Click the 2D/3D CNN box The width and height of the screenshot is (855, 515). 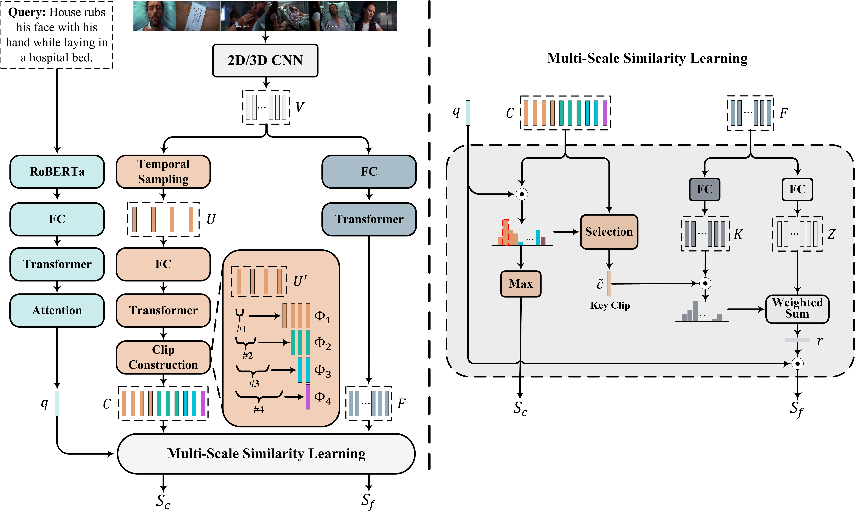coord(265,60)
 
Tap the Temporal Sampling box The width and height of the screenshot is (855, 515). coord(163,172)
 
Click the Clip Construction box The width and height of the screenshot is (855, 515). coord(163,357)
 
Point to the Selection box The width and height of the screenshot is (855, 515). coord(609,231)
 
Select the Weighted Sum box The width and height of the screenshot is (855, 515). coord(797,308)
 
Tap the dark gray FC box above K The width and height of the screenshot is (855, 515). coord(704,189)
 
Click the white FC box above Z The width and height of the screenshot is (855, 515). coord(797,189)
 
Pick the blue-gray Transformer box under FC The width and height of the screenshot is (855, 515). coord(369,219)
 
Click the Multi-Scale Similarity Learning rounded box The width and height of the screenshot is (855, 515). coord(266,453)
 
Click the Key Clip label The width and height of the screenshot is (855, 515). coord(610,305)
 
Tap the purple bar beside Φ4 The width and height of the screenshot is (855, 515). coord(307,397)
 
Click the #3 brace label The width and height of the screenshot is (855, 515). coord(254,384)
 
